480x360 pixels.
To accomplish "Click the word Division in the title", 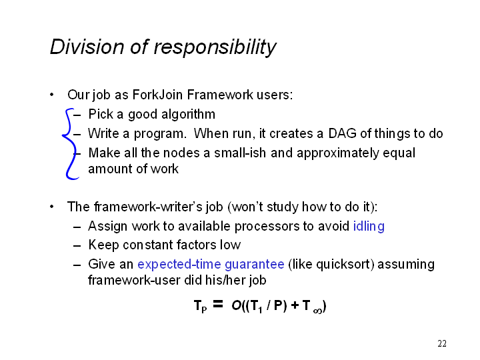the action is [87, 47].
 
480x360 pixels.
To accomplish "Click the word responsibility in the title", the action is [215, 48].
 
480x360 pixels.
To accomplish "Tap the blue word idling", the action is [369, 227].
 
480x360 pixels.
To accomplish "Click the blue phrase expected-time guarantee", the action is [211, 265].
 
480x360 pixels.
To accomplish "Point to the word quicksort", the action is [343, 265].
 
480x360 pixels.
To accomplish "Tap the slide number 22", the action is [442, 343].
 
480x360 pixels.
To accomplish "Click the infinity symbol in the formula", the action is [318, 311].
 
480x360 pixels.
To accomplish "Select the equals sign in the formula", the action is [217, 304].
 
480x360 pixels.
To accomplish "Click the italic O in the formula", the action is [236, 305].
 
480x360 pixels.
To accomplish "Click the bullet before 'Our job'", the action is [52, 95].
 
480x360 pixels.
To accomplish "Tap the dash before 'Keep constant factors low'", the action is [77, 245].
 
